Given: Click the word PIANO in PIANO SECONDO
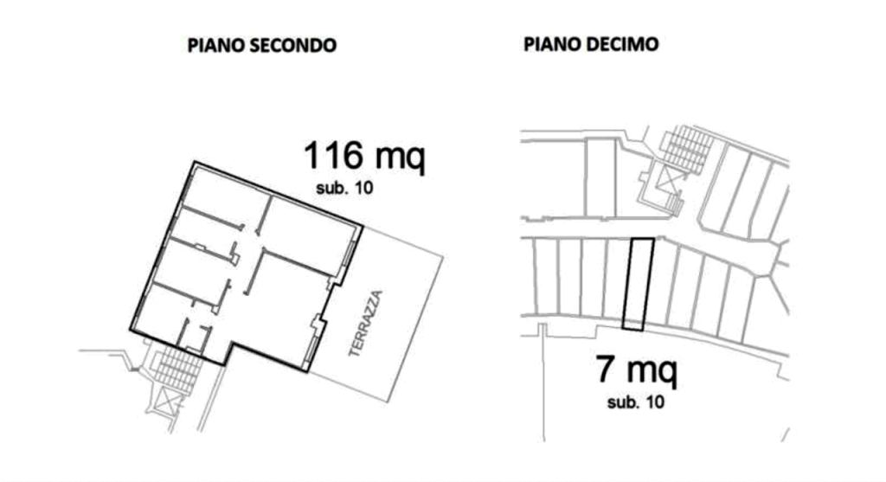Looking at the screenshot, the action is [214, 45].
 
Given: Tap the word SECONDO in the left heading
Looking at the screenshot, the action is [291, 45].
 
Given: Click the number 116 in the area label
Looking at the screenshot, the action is [333, 156].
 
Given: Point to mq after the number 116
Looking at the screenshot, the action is [400, 158].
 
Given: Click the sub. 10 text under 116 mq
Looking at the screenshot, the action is [344, 188].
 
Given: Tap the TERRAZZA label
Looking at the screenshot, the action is [366, 324].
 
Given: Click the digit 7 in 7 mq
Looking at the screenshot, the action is [605, 369].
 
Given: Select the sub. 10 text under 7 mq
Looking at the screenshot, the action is [636, 402].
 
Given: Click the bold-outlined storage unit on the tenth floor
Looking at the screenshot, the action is [638, 284].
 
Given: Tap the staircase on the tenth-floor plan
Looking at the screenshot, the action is [687, 149].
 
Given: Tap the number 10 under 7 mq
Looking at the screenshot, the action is [655, 402].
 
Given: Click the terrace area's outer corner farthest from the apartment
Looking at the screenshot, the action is [443, 258].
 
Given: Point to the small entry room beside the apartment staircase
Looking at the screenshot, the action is [195, 337].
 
